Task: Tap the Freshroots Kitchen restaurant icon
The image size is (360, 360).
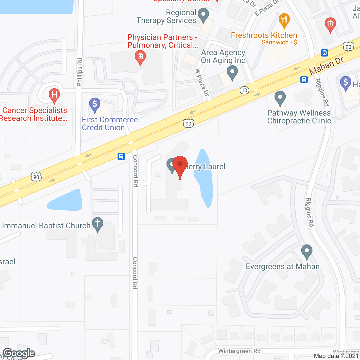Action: tap(284, 20)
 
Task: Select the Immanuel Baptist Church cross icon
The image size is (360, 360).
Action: tap(98, 224)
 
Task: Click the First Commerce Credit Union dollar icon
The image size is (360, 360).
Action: tap(95, 104)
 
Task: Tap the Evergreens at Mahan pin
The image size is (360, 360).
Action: tap(307, 251)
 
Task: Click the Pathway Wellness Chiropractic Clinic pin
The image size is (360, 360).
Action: tap(280, 98)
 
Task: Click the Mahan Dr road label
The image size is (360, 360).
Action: tap(326, 66)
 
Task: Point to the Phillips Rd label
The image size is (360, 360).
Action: tap(80, 72)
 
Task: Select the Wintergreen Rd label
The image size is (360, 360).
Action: tap(239, 351)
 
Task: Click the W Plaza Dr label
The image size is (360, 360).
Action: tap(202, 82)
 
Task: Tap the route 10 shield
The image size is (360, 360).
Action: tap(244, 90)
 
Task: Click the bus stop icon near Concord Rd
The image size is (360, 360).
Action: tap(121, 156)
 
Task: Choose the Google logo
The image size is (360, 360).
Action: tap(19, 353)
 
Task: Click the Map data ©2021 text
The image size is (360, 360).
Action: tap(336, 356)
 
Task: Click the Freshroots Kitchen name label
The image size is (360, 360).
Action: tap(264, 35)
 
